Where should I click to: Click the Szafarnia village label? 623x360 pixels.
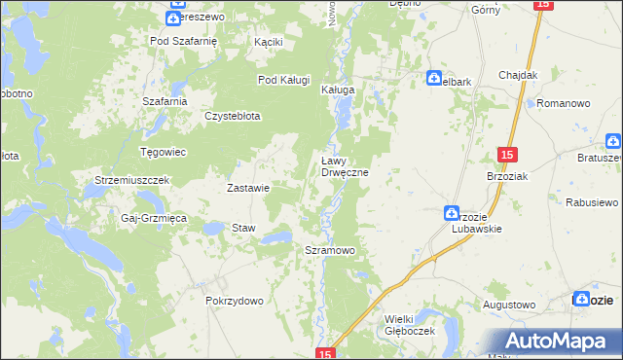click(164, 101)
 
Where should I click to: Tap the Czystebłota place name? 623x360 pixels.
click(232, 116)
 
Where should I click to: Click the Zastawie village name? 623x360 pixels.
click(247, 188)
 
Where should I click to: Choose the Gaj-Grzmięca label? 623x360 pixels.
click(153, 219)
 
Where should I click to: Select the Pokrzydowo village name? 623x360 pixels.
click(235, 302)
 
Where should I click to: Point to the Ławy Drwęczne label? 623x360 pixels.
click(345, 166)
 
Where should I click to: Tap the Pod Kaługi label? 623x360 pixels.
click(283, 80)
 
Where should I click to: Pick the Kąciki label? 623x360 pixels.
click(268, 43)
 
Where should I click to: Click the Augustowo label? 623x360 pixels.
click(509, 305)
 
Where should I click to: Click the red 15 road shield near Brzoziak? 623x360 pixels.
click(506, 155)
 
